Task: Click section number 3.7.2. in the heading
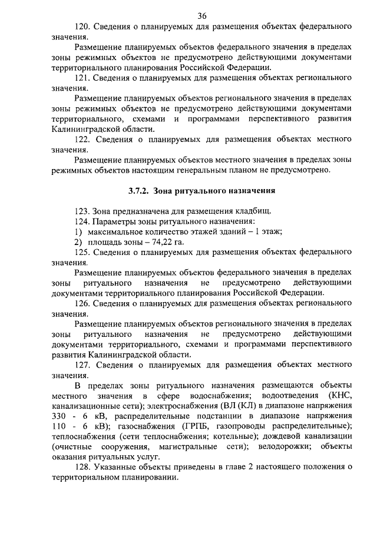pos(140,191)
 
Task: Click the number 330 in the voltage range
pos(60,415)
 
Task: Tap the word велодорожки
pos(287,446)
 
